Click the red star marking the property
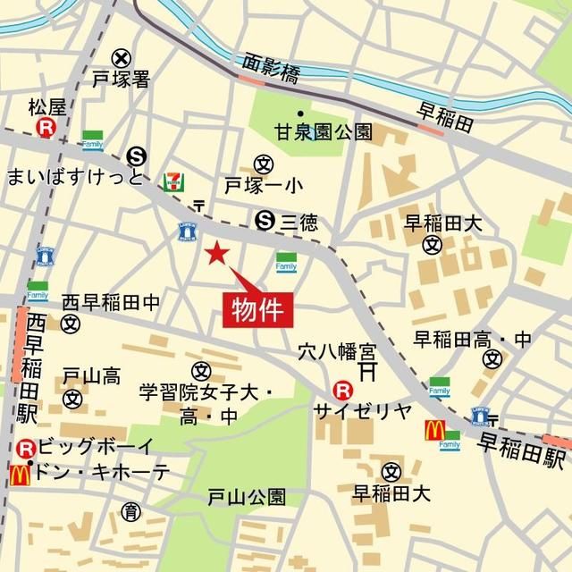215,254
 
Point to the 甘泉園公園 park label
310,133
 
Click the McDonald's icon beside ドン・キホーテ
16,475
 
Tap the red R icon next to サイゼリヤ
341,390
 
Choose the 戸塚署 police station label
120,80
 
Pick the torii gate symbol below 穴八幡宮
366,368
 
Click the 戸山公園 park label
247,496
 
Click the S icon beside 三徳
265,219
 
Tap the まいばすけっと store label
75,176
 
